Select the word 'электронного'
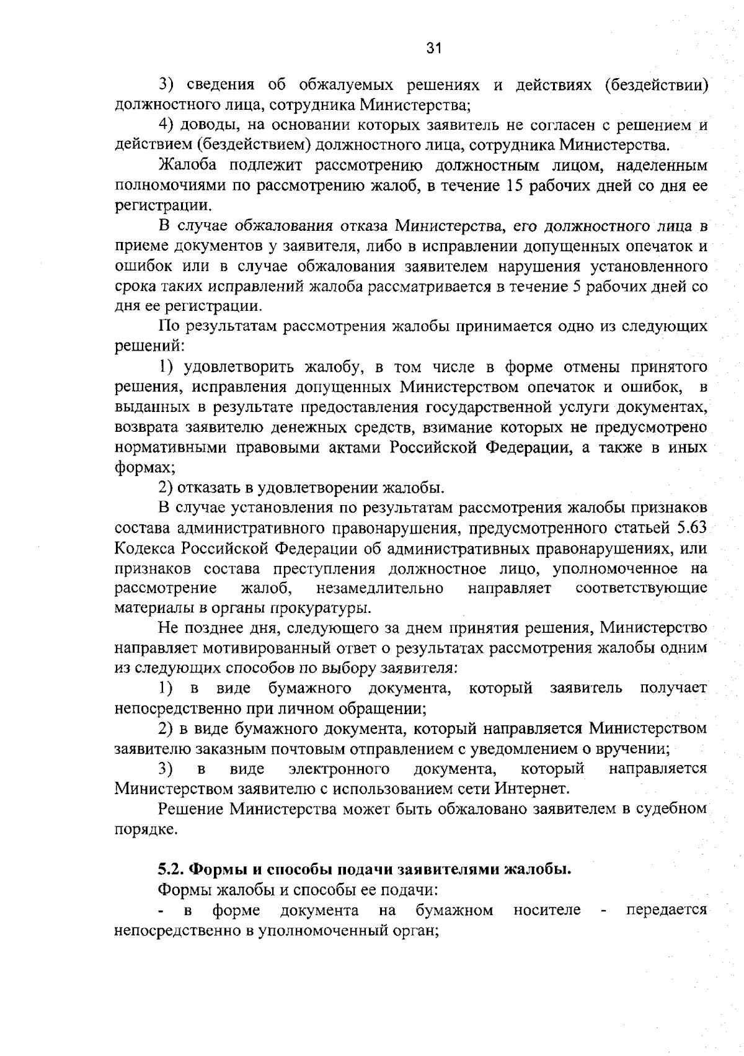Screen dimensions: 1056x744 339,769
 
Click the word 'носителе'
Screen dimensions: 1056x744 547,910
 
